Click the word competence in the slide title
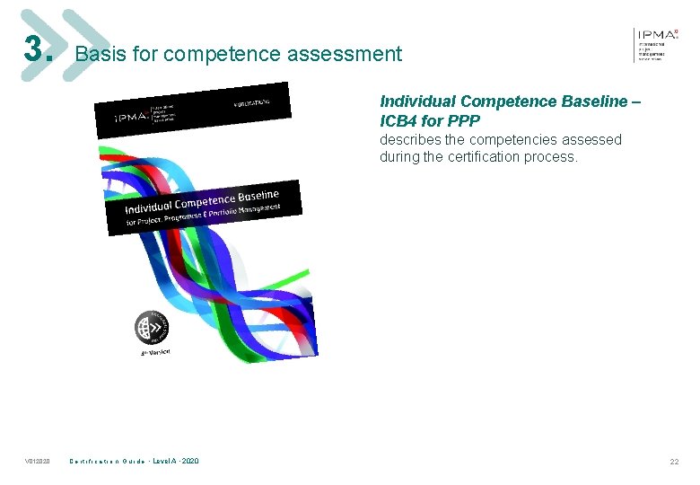(210, 54)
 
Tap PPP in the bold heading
(463, 120)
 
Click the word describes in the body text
(409, 140)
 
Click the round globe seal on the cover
(149, 328)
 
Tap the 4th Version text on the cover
(154, 352)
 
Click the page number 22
(674, 462)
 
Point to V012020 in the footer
(38, 462)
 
